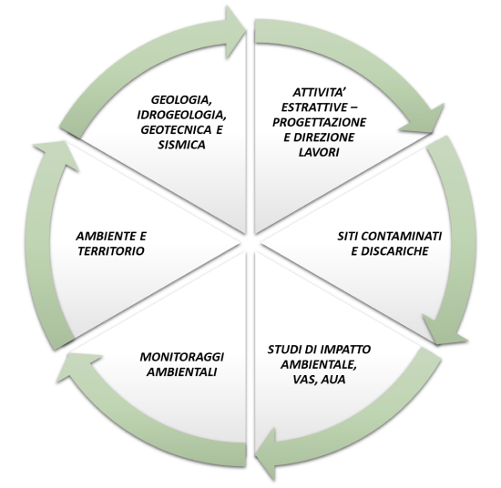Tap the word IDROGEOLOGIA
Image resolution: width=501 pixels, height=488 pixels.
tap(181, 115)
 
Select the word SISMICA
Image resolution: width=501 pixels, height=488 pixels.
tap(181, 145)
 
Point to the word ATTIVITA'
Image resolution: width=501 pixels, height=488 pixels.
tap(316, 92)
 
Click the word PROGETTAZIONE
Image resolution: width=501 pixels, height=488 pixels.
tap(319, 122)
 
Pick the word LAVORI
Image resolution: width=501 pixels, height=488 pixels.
tap(319, 152)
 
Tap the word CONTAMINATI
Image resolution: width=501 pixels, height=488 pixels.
tap(402, 237)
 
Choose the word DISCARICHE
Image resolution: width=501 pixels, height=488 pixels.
tap(395, 251)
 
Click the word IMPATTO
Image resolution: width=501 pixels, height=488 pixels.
tap(347, 350)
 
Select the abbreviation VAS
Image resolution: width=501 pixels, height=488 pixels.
tap(305, 380)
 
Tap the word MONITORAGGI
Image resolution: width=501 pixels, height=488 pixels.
tap(182, 357)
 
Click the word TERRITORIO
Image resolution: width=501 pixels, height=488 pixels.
tap(111, 251)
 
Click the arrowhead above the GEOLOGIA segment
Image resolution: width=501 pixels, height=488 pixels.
tap(236, 32)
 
